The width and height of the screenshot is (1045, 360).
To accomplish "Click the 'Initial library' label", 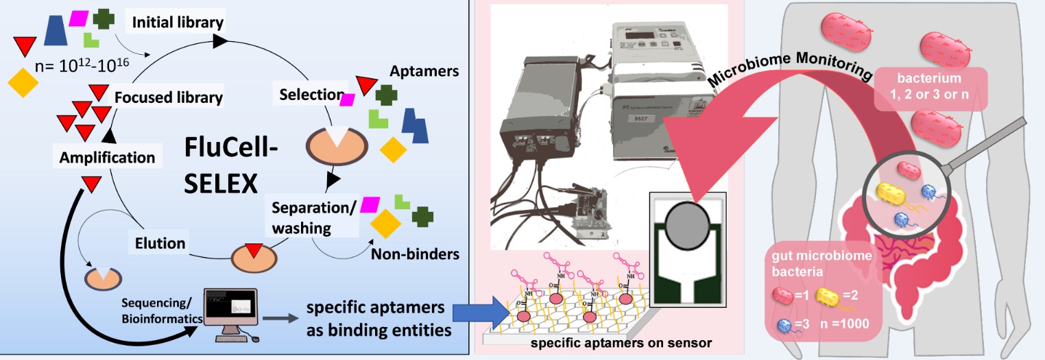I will (178, 22).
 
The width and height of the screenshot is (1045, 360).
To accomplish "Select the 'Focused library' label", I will (168, 97).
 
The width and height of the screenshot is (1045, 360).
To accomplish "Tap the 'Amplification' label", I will (107, 157).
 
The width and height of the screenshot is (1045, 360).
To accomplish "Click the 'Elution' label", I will (160, 243).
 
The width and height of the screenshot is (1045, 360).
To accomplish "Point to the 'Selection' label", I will (311, 95).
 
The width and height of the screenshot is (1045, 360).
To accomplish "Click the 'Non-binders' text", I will (415, 254).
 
